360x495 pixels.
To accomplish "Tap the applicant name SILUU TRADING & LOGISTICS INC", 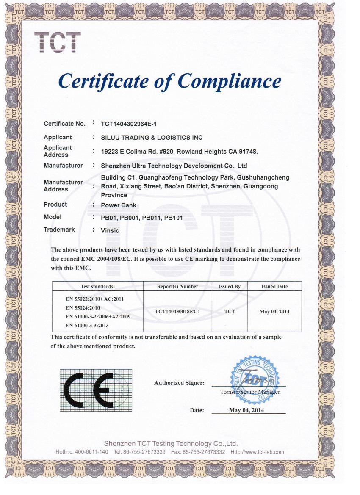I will click(152, 137).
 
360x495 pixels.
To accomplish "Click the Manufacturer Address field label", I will click(63, 185).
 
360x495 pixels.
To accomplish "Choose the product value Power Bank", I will click(119, 205).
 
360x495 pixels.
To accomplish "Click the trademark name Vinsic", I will click(110, 230).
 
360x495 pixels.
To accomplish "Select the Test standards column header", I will click(97, 287).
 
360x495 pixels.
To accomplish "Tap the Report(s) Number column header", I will click(177, 287).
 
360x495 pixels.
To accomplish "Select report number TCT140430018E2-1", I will click(177, 312).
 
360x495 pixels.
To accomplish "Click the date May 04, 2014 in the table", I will click(274, 312).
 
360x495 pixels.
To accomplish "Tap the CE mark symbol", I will click(96, 390).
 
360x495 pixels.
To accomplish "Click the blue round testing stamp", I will click(254, 376).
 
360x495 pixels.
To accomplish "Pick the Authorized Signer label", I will click(179, 383).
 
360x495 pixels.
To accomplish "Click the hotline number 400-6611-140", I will click(91, 452).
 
